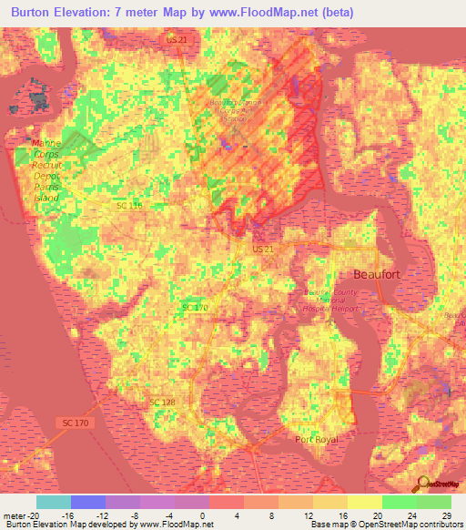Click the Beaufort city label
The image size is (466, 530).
377,274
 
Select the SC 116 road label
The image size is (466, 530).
129,207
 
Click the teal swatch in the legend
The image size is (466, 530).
54,502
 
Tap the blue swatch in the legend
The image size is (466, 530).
88,502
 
